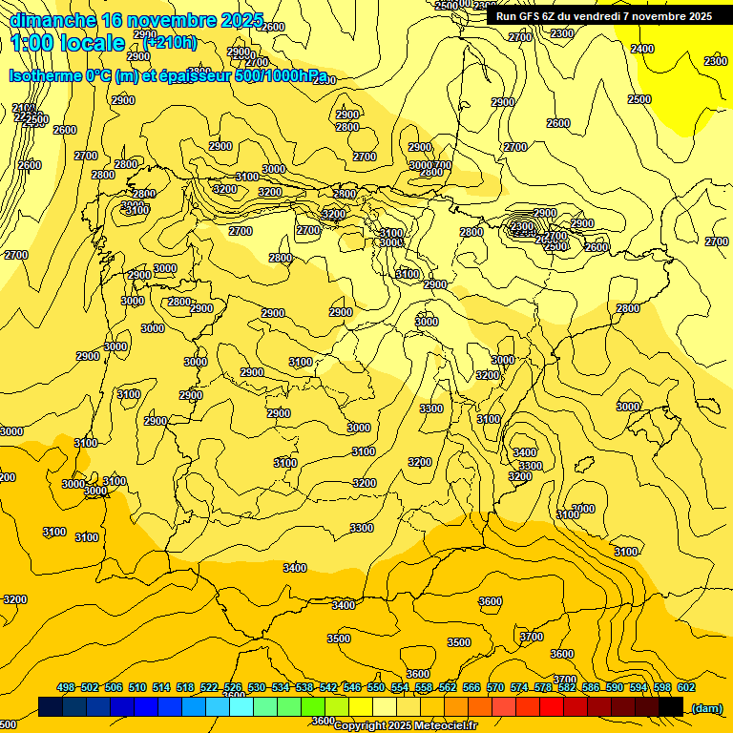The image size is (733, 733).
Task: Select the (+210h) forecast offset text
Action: pos(171,42)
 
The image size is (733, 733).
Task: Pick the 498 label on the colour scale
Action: pos(66,687)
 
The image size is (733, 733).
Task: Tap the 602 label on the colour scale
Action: pos(685,687)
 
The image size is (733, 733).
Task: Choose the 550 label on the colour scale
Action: pos(376,687)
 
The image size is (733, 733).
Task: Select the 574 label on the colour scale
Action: pos(519,687)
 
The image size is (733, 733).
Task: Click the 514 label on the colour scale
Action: pos(161,687)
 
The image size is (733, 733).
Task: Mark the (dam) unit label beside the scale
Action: pos(706,707)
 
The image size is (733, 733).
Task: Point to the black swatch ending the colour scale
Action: pos(671,706)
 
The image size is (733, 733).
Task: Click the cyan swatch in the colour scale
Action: pos(241,706)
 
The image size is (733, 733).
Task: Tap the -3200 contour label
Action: pos(13,599)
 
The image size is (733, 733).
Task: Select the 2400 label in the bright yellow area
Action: pos(642,49)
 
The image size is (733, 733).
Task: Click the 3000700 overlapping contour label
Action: pos(430,165)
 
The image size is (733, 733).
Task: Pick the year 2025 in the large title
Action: pos(242,20)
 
